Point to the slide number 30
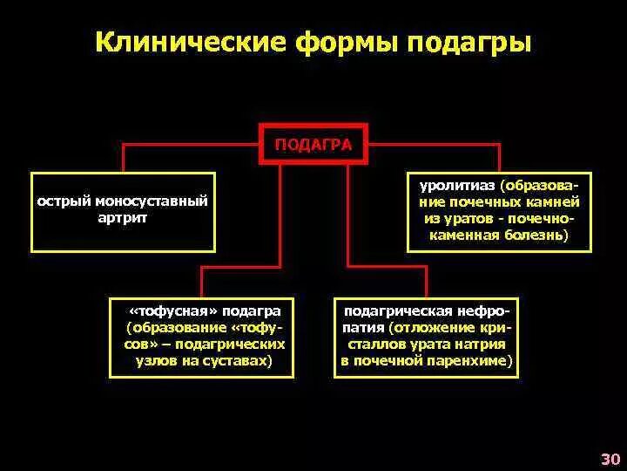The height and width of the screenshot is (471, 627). [610, 459]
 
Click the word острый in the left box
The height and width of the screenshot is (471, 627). [64, 201]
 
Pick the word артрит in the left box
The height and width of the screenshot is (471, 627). [123, 218]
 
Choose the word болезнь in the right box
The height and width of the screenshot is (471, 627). [536, 235]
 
